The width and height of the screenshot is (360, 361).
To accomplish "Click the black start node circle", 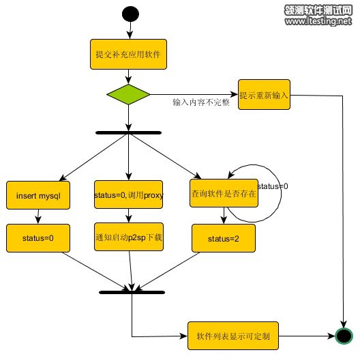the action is click(x=130, y=14).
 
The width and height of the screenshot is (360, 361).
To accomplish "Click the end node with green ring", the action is click(x=344, y=336).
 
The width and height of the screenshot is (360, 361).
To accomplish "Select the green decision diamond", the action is click(x=128, y=94).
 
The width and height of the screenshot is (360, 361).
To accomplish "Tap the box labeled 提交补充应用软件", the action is click(x=128, y=55).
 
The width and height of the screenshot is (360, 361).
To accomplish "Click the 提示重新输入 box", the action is click(x=264, y=95).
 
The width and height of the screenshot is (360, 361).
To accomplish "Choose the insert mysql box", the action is click(x=38, y=195).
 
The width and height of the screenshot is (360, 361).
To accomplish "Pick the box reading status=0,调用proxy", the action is click(x=129, y=194).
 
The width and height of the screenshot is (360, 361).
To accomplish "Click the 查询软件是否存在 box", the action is click(x=224, y=193).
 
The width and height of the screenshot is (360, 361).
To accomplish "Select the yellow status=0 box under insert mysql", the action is click(x=38, y=238).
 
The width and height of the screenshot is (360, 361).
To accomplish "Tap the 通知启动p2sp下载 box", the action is click(x=129, y=237).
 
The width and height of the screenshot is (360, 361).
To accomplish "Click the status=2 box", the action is click(x=224, y=238).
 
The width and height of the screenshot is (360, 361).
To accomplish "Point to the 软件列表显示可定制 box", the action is click(x=233, y=336).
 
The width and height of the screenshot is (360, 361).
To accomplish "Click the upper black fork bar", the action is click(x=128, y=132).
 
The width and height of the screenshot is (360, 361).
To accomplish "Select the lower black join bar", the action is click(x=132, y=292).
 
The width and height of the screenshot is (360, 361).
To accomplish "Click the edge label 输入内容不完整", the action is click(x=201, y=102).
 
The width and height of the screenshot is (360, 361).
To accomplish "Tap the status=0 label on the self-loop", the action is click(x=273, y=186).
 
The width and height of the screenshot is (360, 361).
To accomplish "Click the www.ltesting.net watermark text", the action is click(x=318, y=21).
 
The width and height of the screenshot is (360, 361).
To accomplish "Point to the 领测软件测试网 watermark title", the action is click(x=318, y=10).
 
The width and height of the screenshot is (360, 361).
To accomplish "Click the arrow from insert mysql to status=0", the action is click(x=38, y=216).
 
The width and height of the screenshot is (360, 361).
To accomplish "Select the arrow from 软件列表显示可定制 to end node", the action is click(x=307, y=336).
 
